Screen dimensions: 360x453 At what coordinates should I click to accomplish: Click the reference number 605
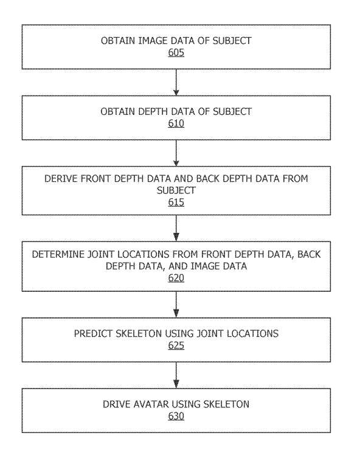click(176, 53)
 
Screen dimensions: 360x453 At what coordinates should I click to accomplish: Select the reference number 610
click(176, 123)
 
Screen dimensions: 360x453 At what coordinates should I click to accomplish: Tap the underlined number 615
click(176, 202)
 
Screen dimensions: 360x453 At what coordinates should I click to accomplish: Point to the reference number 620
click(176, 278)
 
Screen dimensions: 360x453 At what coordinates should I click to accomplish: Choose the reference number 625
click(176, 345)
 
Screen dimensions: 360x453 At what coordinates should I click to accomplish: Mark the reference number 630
click(176, 416)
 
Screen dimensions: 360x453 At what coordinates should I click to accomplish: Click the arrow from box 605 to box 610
click(176, 82)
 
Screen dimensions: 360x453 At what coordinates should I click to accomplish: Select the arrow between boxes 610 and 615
click(176, 153)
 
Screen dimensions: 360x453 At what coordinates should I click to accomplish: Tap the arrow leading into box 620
click(176, 228)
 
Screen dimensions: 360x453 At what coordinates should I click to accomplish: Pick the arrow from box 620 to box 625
click(176, 305)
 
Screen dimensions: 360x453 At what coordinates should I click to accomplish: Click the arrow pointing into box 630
click(176, 375)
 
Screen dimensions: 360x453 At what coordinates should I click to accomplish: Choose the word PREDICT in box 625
click(93, 334)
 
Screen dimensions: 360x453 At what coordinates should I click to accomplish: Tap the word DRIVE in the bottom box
click(117, 404)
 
